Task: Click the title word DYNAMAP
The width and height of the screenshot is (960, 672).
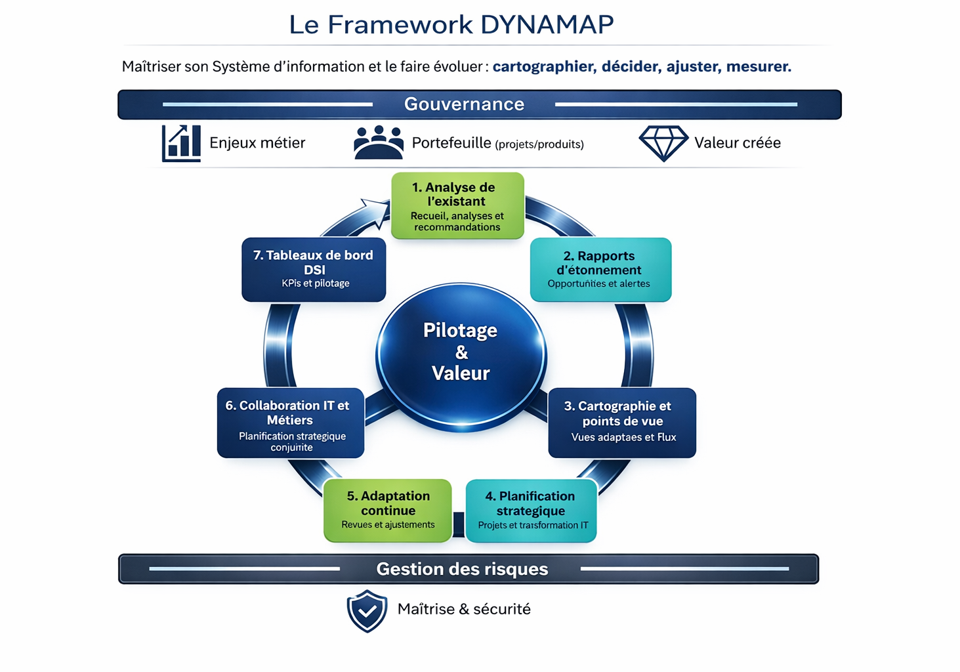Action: [547, 24]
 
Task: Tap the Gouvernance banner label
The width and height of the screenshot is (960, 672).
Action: [464, 104]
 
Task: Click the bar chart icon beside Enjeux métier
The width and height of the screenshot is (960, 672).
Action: [181, 143]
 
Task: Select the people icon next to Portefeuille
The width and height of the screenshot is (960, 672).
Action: [378, 142]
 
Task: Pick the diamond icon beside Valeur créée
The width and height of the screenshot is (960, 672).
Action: [663, 143]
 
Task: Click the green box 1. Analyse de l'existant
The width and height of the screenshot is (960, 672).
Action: [457, 206]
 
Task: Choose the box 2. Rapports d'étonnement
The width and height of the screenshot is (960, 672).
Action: [600, 270]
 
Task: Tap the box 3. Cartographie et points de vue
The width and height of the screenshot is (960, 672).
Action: [621, 423]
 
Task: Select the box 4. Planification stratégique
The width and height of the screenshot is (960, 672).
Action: [531, 511]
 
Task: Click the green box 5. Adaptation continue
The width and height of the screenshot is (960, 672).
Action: [388, 511]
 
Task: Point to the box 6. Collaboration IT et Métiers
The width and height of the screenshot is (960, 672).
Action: [290, 423]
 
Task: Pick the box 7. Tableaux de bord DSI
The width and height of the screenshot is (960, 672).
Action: [314, 270]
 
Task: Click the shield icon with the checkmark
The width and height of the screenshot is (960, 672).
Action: [367, 610]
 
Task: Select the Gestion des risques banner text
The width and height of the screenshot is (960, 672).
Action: [462, 569]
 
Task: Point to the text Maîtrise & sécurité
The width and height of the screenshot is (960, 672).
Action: [464, 609]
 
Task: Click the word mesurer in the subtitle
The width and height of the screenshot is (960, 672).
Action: [758, 66]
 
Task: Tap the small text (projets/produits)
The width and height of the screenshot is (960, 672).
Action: [539, 144]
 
